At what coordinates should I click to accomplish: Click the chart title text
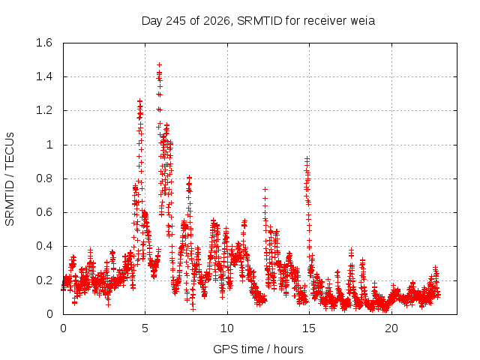pyautogui.click(x=258, y=21)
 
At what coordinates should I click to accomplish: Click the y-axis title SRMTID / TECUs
pyautogui.click(x=10, y=179)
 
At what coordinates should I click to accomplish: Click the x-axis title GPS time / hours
pyautogui.click(x=258, y=349)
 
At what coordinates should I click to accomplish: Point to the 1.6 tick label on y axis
pyautogui.click(x=44, y=43)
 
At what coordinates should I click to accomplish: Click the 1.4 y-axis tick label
pyautogui.click(x=44, y=76)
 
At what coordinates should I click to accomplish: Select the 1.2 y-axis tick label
pyautogui.click(x=44, y=110)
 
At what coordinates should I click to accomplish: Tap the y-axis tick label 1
pyautogui.click(x=49, y=145)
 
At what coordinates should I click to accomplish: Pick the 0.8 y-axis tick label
pyautogui.click(x=44, y=178)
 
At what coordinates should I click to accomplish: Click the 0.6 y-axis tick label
pyautogui.click(x=44, y=212)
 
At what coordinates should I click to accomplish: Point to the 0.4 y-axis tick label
pyautogui.click(x=44, y=246)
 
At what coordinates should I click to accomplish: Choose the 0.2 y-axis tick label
pyautogui.click(x=44, y=280)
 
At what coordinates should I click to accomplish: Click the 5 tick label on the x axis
pyautogui.click(x=145, y=328)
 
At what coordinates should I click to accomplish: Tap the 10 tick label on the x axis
pyautogui.click(x=227, y=328)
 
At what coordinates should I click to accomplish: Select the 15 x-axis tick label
pyautogui.click(x=309, y=328)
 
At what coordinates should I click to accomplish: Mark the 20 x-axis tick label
pyautogui.click(x=391, y=328)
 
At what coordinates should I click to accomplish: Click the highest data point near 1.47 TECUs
pyautogui.click(x=159, y=65)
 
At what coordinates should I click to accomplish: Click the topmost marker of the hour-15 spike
pyautogui.click(x=307, y=158)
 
